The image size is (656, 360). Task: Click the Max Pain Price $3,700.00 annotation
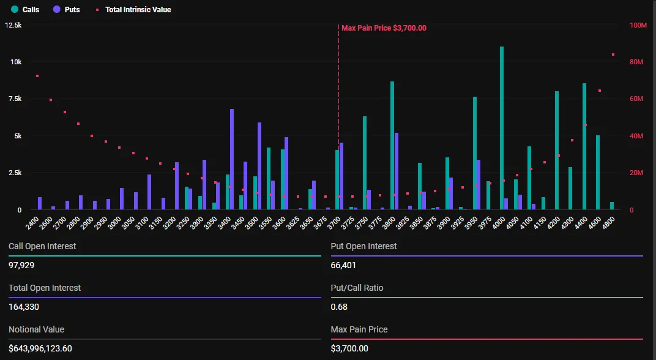coord(384,28)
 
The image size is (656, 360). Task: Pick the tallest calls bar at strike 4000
coord(502,129)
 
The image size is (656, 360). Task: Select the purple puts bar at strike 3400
coord(232,159)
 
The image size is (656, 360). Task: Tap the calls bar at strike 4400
coord(584,147)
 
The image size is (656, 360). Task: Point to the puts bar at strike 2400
coord(40,203)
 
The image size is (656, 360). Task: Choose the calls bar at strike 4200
coord(557,151)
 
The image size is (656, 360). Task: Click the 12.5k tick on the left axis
coord(13,25)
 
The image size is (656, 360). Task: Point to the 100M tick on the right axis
coord(638,25)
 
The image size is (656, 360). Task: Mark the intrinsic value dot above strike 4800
coord(613,54)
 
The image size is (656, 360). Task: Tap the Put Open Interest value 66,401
coord(343,265)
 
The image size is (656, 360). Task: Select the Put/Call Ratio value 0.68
coord(339,307)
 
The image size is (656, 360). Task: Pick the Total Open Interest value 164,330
coord(24,307)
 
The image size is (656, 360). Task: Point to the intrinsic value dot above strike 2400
coord(37,76)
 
